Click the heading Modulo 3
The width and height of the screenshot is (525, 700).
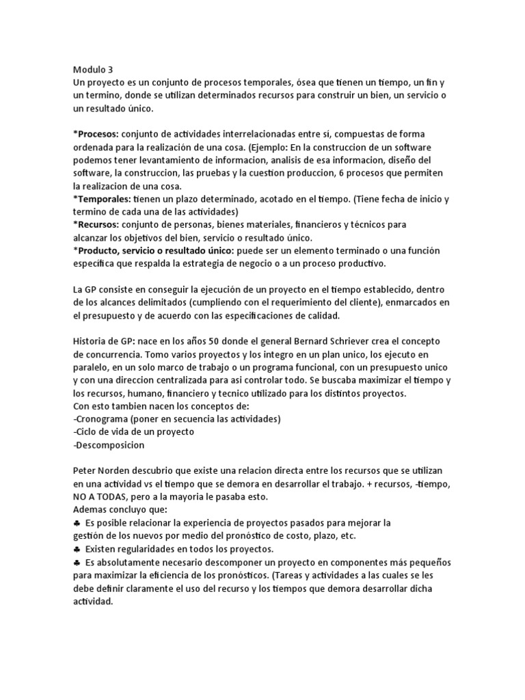tap(93, 69)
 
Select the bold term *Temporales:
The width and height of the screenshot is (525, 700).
tap(102, 199)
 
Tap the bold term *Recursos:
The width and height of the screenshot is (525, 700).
tap(96, 225)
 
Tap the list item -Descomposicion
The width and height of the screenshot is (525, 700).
tap(108, 445)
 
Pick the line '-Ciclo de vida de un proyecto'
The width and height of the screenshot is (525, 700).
tap(133, 432)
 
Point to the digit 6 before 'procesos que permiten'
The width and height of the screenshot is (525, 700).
tap(327, 173)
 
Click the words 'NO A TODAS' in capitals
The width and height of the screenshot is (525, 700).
tap(100, 497)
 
